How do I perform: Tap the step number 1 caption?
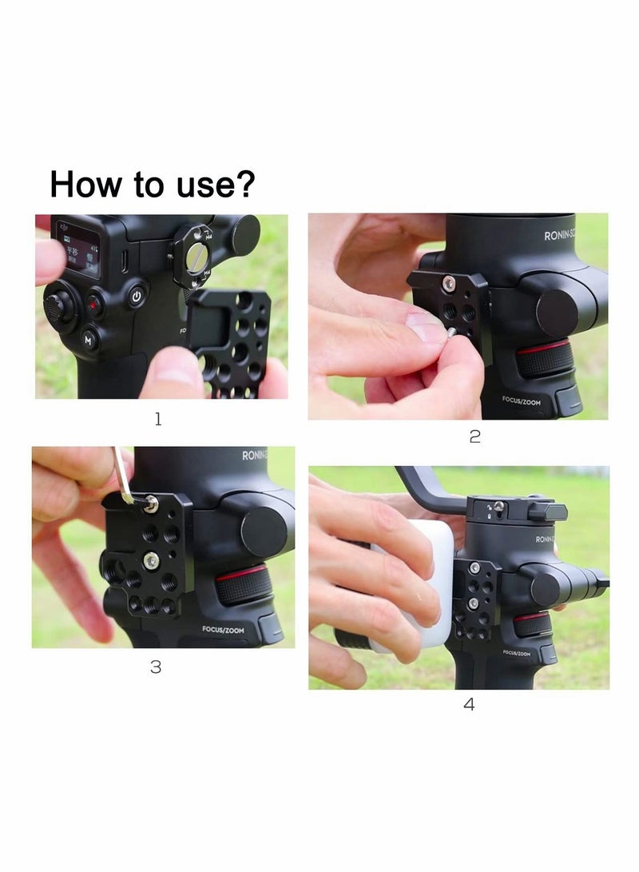pos(158,419)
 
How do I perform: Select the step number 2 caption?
pos(474,437)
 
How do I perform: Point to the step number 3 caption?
pos(156,667)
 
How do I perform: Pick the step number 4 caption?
pos(469,704)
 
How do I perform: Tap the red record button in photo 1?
pos(94,305)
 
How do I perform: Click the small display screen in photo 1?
pos(77,247)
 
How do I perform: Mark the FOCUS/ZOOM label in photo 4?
pos(517,653)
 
